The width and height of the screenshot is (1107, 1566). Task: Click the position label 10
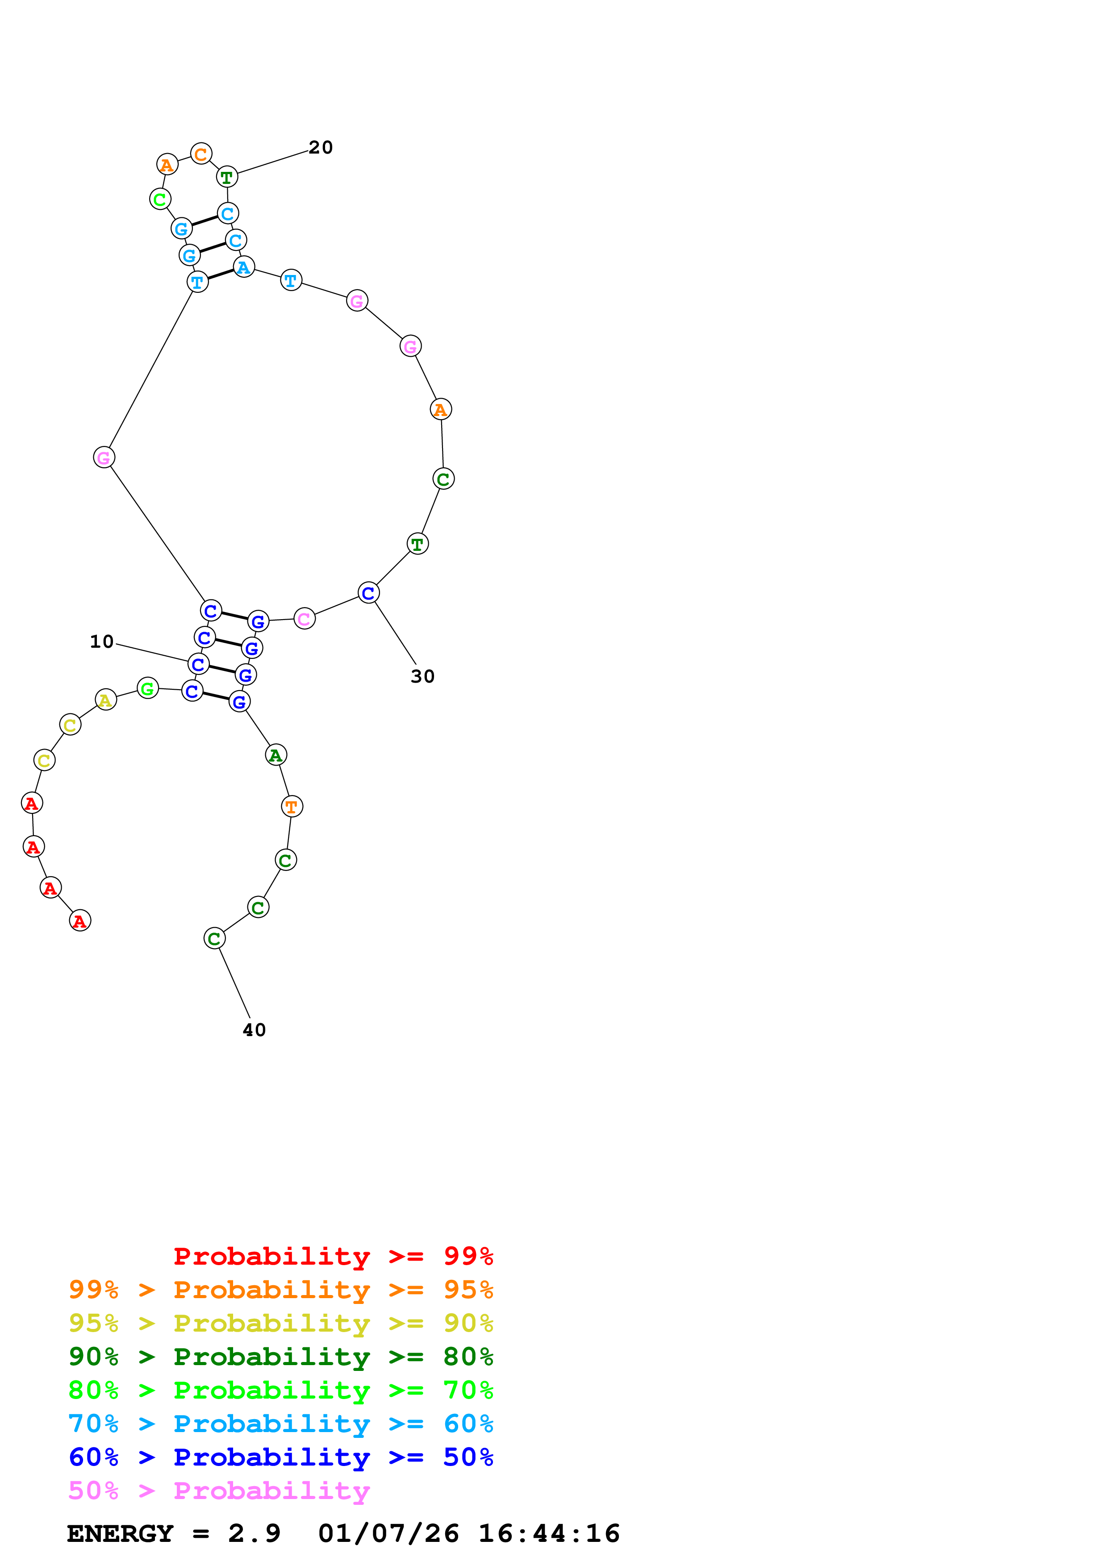(102, 642)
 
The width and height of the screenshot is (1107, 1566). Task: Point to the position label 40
(255, 1029)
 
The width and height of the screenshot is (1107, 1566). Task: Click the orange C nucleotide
(201, 154)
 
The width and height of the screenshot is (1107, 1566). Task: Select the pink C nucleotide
(304, 619)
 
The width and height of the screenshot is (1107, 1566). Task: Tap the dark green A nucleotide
(276, 754)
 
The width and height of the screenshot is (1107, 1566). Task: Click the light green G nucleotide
(147, 688)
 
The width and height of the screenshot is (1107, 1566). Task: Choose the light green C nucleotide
(159, 199)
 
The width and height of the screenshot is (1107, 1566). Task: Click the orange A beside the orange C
(167, 164)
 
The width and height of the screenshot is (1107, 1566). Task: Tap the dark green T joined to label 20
(226, 177)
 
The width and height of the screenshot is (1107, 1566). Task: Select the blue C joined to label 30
(368, 593)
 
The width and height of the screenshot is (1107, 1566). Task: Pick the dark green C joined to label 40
(214, 938)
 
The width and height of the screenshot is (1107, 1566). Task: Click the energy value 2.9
(255, 1533)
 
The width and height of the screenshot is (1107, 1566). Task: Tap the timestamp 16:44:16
(549, 1533)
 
